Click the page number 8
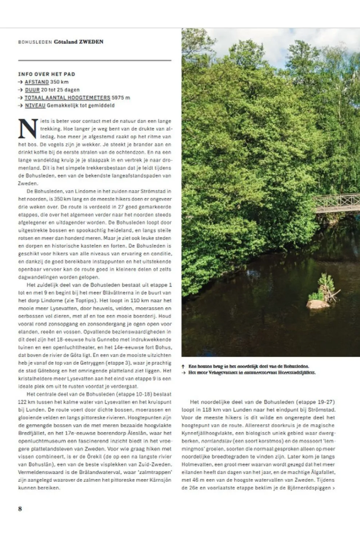(x=20, y=509)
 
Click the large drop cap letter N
(x=28, y=129)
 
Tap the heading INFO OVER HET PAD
(x=47, y=74)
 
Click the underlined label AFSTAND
(x=37, y=82)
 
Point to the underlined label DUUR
(x=32, y=90)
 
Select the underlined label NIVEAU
(x=35, y=106)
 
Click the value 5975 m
(x=121, y=98)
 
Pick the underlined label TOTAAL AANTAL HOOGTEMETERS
(x=67, y=98)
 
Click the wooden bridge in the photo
(x=336, y=203)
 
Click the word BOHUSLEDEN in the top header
(x=35, y=42)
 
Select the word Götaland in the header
(x=66, y=42)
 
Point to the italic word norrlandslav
(x=216, y=441)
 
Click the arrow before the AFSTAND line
(x=20, y=82)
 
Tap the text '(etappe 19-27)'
(x=316, y=402)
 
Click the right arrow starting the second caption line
(x=183, y=373)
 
